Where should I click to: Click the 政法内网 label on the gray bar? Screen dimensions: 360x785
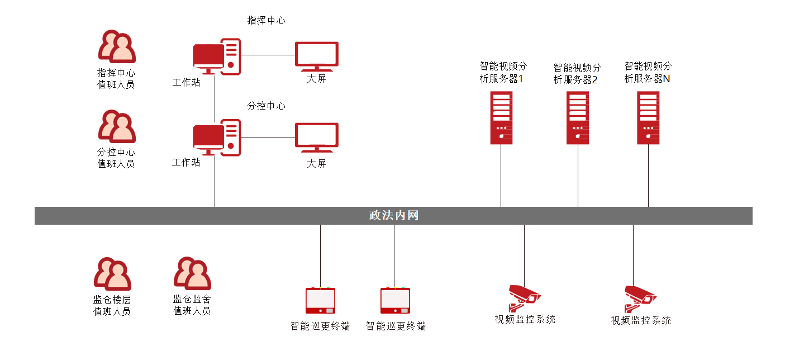(x=393, y=216)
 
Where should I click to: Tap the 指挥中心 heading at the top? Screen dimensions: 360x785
(x=267, y=21)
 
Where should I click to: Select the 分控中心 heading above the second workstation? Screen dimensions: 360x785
(x=267, y=106)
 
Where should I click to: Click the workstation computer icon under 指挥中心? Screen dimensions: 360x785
(x=216, y=56)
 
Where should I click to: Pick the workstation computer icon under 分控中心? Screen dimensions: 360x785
(x=216, y=138)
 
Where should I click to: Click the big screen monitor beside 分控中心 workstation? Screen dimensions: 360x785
(x=316, y=138)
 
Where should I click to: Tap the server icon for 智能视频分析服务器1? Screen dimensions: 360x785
(x=501, y=117)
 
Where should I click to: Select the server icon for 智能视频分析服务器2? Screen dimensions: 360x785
(x=578, y=117)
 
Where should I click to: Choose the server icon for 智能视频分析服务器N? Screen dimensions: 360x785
(x=648, y=117)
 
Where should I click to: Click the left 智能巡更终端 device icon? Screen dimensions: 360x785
(x=320, y=301)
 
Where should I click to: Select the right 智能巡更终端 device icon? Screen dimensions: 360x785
(x=395, y=301)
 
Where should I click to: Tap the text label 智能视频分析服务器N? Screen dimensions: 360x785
(x=648, y=73)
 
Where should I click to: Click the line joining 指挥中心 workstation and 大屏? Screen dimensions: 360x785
(x=268, y=55)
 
